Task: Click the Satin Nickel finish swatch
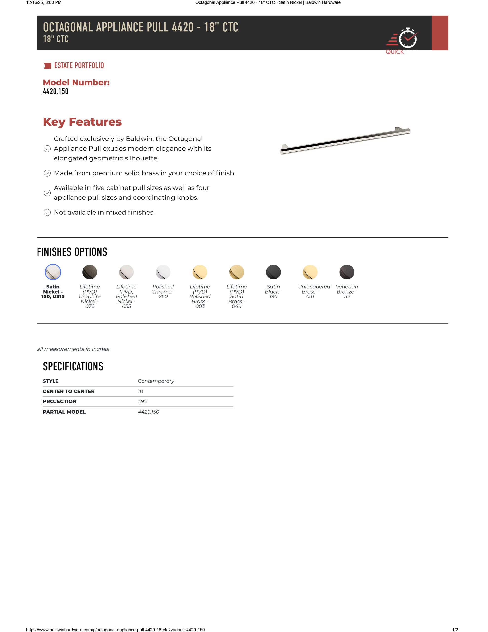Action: [x=53, y=272]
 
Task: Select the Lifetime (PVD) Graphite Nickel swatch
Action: [x=90, y=272]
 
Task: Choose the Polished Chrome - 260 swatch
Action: [x=163, y=272]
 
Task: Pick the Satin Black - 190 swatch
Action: [x=273, y=272]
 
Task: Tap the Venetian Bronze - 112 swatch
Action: [x=347, y=272]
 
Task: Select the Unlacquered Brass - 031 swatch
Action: [x=310, y=272]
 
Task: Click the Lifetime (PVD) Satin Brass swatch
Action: [x=237, y=272]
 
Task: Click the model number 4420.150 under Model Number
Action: [x=56, y=91]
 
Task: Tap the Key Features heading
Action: [x=82, y=122]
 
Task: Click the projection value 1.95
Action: [x=142, y=401]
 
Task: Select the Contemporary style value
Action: [x=156, y=381]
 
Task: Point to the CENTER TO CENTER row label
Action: [x=69, y=391]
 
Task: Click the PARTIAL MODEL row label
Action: [x=64, y=412]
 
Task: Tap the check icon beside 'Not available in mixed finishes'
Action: [x=47, y=212]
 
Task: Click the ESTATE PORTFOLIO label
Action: [x=79, y=66]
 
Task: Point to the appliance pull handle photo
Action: [x=345, y=141]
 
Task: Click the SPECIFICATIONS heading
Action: [x=73, y=366]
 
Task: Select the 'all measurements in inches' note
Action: [x=73, y=349]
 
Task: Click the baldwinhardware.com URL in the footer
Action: [x=115, y=629]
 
